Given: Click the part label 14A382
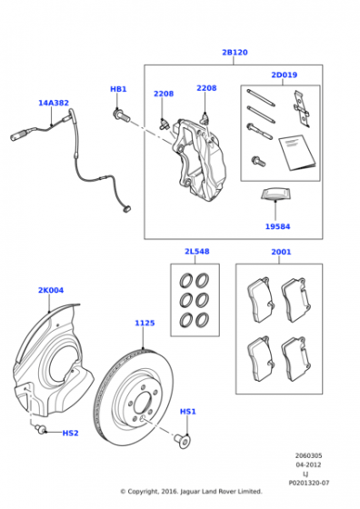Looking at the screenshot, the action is [x=54, y=103].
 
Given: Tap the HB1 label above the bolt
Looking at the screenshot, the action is [x=118, y=89].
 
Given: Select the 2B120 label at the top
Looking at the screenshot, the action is [x=235, y=53].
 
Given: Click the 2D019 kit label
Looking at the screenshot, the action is [x=284, y=75].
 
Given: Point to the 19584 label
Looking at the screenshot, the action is [x=277, y=226].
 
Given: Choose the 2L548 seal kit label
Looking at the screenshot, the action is [x=197, y=251].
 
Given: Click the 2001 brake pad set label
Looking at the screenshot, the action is [x=281, y=252].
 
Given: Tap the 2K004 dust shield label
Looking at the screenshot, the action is [x=51, y=290].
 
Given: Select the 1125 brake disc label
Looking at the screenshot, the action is [x=145, y=323].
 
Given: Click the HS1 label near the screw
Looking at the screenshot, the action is [x=188, y=412].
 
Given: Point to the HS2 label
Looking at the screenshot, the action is [x=70, y=433].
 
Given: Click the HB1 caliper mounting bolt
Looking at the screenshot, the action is [x=121, y=115].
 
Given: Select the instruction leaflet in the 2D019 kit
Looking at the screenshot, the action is [x=296, y=153].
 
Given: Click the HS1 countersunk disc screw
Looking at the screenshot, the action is [x=184, y=441].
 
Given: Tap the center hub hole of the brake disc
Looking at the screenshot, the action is [x=143, y=404].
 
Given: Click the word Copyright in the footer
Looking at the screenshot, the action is [x=143, y=492].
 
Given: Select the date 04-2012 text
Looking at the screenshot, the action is [x=308, y=464].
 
